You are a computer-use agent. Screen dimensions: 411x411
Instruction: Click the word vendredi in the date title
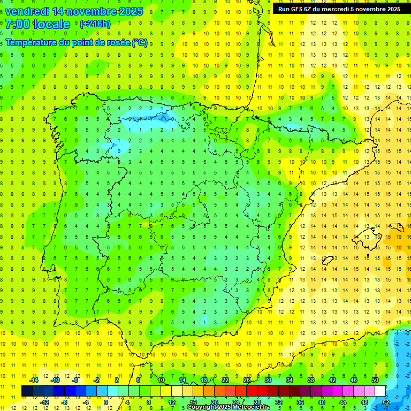(27, 11)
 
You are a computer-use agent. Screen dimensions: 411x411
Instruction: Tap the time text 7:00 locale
(37, 24)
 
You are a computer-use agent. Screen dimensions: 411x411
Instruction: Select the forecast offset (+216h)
(95, 24)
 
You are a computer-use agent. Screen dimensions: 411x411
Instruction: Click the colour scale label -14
(33, 380)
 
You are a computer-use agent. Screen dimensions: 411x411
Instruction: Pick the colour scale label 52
(386, 402)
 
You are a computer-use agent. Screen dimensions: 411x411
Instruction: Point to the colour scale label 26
(247, 380)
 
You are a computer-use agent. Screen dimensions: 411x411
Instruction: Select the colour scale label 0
(106, 402)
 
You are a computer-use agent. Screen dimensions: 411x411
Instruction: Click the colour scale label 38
(310, 380)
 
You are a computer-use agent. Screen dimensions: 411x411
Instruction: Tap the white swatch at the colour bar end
(380, 391)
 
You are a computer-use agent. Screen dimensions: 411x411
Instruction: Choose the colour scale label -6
(76, 380)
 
